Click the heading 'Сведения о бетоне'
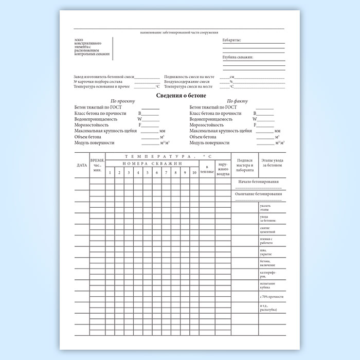181,96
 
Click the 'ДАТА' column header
82,165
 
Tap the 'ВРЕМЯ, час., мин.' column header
97,165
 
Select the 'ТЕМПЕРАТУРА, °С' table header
168,155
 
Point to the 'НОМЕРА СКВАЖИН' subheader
152,163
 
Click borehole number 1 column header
110,172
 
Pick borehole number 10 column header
194,172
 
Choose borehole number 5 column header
147,172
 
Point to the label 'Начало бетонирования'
260,182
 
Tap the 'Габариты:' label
231,40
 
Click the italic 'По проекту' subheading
122,101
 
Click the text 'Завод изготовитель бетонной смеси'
102,76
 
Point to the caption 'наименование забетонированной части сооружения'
179,32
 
